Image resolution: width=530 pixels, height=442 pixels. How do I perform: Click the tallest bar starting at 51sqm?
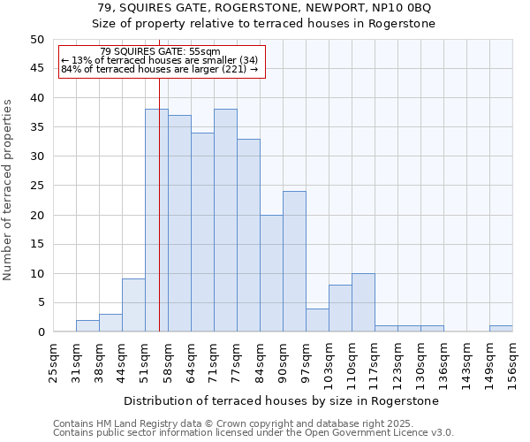click(156, 221)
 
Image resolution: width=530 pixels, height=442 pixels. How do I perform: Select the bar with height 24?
click(294, 262)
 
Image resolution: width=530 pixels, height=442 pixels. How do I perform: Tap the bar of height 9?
click(133, 305)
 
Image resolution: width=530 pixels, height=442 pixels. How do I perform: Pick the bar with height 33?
click(248, 235)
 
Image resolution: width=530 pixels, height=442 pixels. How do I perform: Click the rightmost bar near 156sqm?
click(501, 329)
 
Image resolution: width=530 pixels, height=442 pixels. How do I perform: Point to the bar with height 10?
click(363, 302)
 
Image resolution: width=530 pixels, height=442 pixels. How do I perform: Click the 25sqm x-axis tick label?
click(53, 362)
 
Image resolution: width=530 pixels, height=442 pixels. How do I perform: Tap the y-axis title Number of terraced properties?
click(8, 189)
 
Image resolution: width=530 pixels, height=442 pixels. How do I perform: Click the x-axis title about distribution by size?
click(281, 400)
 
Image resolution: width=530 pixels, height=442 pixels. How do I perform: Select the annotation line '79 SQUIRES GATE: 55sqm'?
click(160, 52)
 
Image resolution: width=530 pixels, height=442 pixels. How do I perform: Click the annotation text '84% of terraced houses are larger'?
click(159, 69)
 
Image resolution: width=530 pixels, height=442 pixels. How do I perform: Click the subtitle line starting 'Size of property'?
click(264, 24)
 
